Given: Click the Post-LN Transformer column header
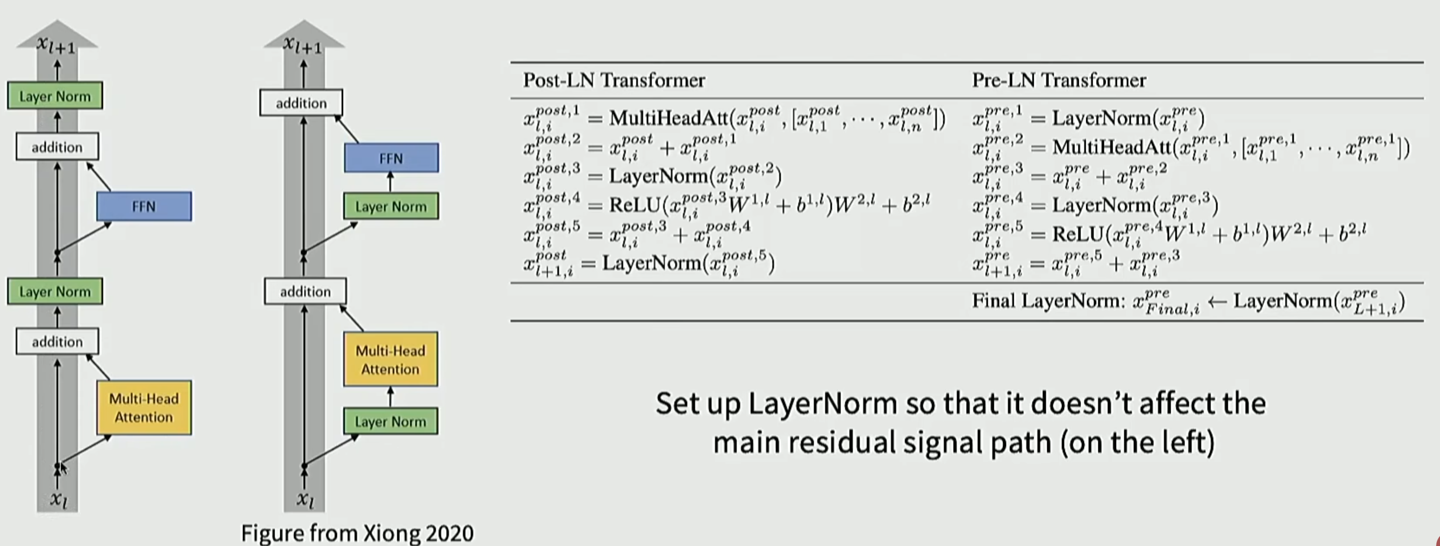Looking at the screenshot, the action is (x=614, y=81).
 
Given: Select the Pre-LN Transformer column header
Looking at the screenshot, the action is (x=1059, y=81).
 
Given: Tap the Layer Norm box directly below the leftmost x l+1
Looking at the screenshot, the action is (x=55, y=96).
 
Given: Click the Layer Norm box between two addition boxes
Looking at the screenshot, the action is (x=55, y=292).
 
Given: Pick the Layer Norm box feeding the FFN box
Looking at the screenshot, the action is (x=391, y=206).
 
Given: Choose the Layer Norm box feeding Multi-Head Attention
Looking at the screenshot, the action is (x=390, y=421).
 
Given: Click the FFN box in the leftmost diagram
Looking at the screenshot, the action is (x=144, y=206).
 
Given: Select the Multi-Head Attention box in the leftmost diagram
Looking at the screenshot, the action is (x=144, y=408).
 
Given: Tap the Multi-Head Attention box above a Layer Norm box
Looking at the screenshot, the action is (x=390, y=359).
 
